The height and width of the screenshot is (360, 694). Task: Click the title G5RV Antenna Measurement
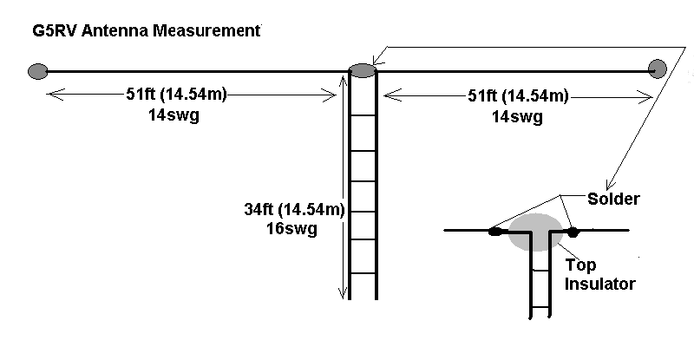[144, 32]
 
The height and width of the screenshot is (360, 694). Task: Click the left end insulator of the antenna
[36, 70]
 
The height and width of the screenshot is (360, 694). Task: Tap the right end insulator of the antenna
[657, 68]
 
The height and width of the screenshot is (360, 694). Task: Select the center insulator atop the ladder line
[363, 69]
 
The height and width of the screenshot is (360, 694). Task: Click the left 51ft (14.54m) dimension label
[174, 95]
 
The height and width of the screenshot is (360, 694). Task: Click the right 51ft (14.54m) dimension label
[514, 95]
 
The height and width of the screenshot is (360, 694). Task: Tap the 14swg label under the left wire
[174, 116]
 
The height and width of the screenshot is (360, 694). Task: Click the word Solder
[613, 200]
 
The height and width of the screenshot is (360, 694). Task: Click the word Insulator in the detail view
[600, 284]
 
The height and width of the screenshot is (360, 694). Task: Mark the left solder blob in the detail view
[494, 232]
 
